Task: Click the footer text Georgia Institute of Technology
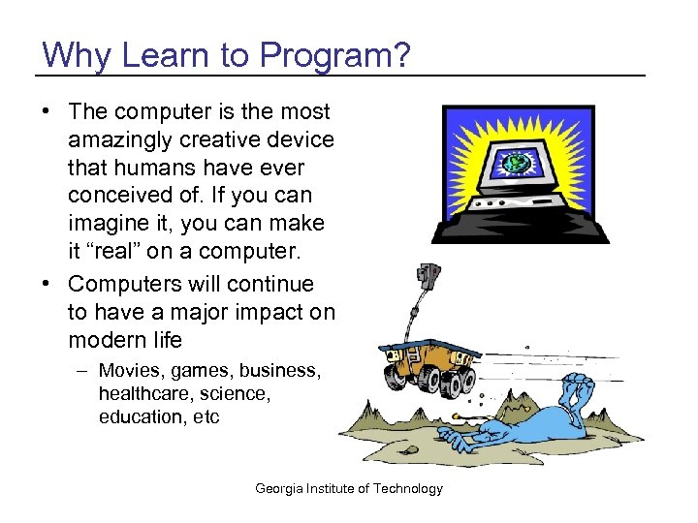tap(348, 488)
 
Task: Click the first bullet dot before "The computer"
tap(47, 112)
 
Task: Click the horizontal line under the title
tap(339, 76)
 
